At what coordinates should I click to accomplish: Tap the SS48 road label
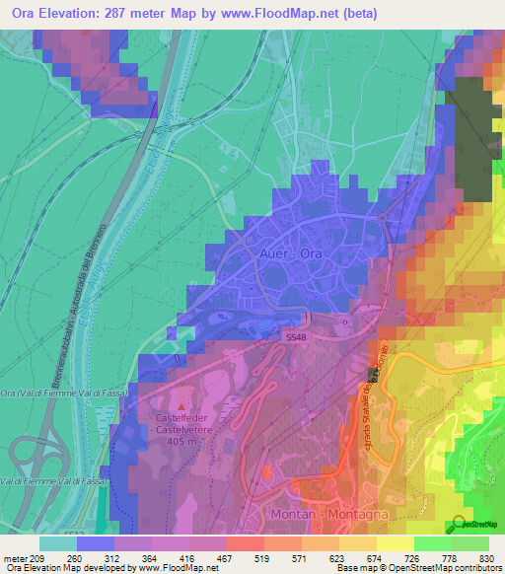point(296,337)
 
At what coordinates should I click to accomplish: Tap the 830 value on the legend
point(485,557)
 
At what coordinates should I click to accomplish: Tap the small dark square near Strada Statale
point(374,375)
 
